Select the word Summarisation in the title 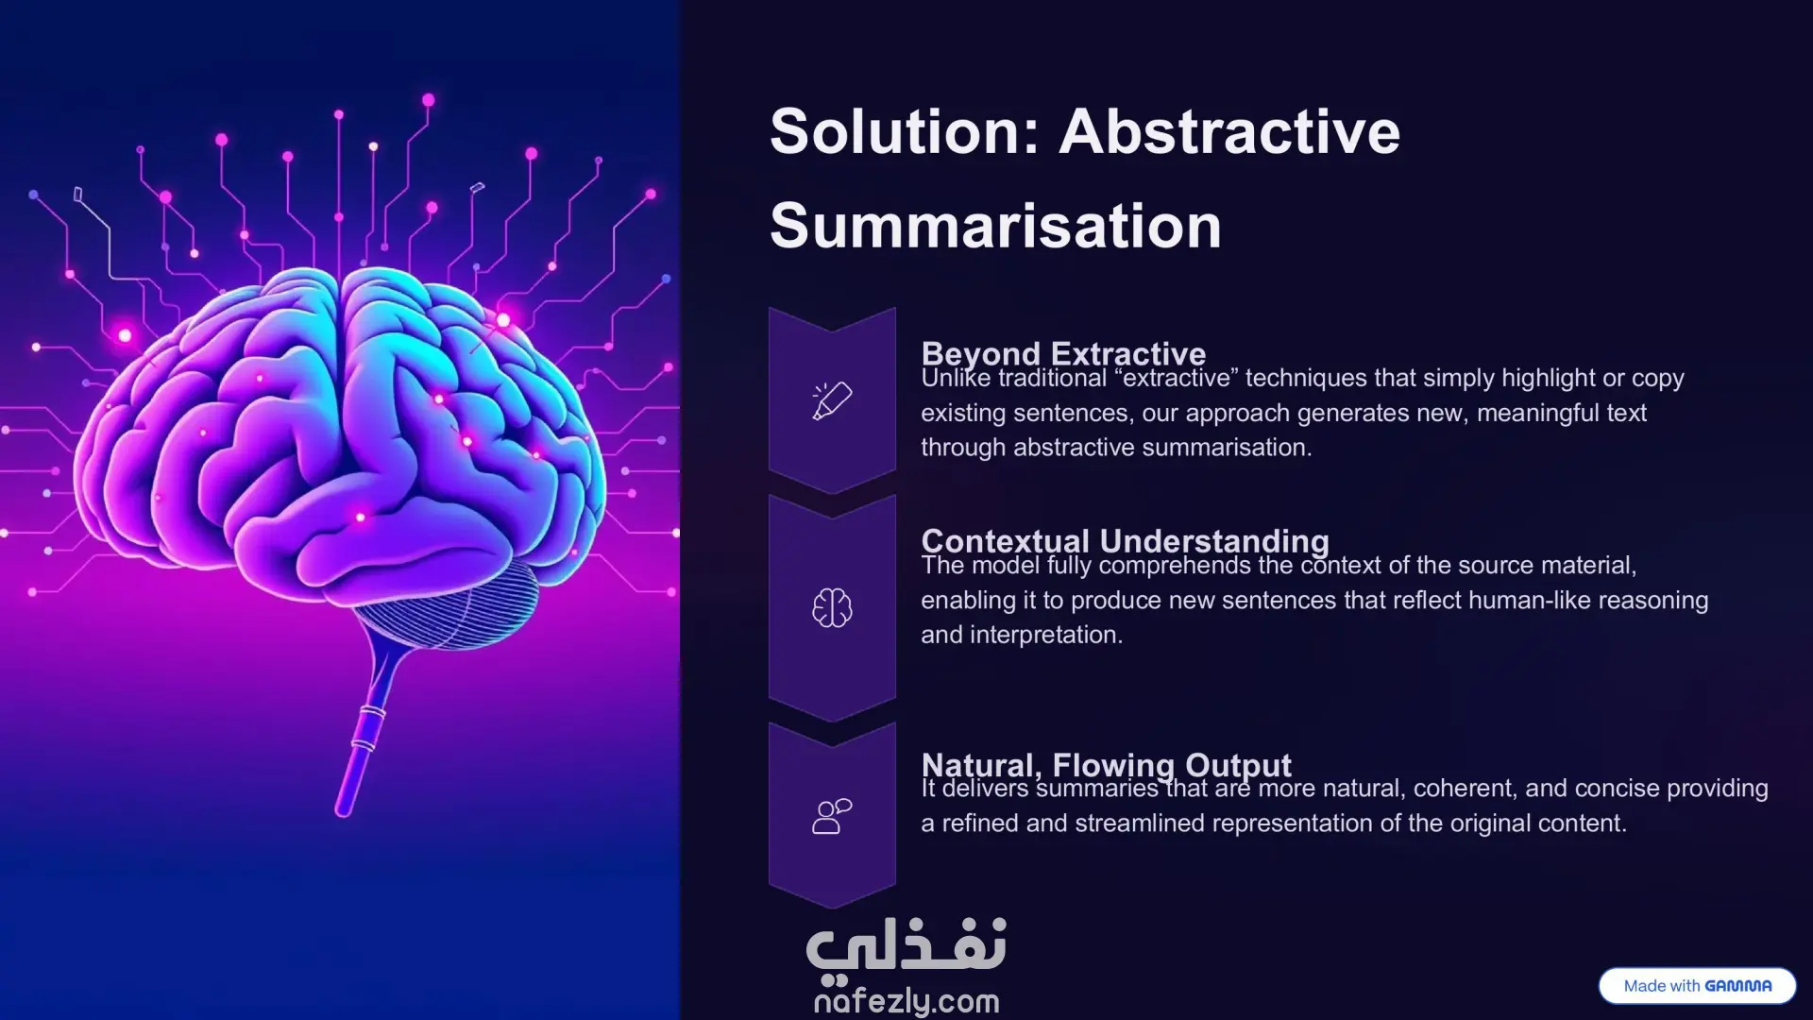point(995,226)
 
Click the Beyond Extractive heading point(1063,352)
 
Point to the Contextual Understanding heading point(1125,540)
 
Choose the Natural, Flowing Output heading point(1106,764)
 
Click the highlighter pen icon point(832,400)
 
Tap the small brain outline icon point(832,607)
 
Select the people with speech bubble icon point(832,816)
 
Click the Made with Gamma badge point(1697,986)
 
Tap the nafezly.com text point(906,1001)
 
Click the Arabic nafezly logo point(906,947)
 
